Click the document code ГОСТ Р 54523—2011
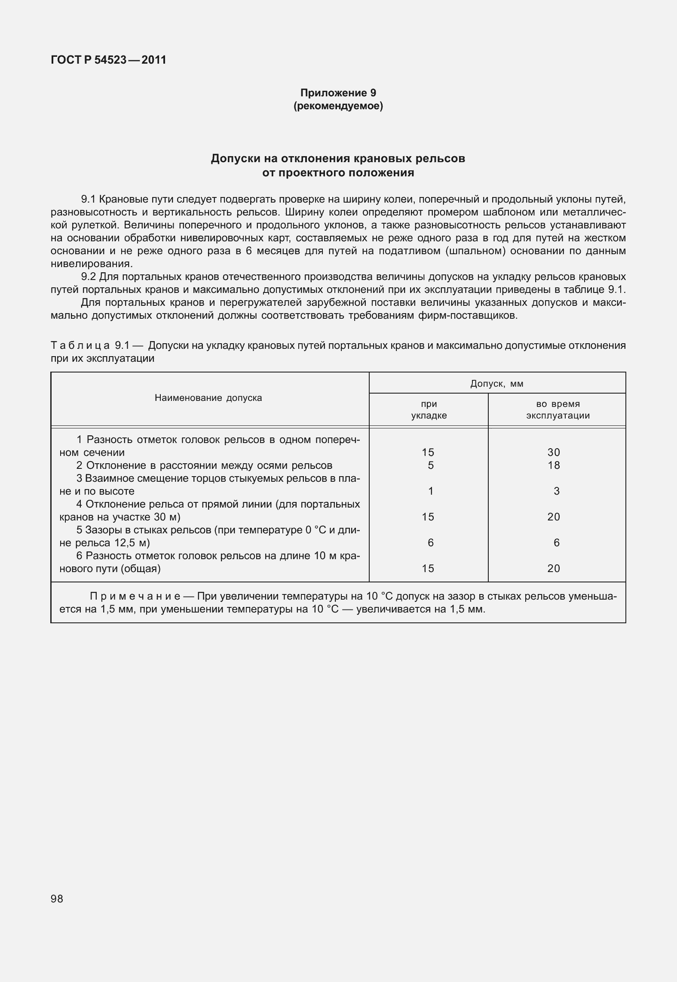point(108,60)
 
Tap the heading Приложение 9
point(338,92)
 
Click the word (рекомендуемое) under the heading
point(338,105)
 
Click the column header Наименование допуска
point(208,398)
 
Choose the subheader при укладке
point(429,410)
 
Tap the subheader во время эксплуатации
point(558,410)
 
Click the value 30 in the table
point(554,452)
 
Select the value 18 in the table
point(554,465)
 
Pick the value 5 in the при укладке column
point(430,465)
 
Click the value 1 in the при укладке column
point(430,491)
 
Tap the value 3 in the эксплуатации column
point(556,491)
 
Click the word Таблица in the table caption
point(81,345)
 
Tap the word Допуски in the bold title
point(234,159)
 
